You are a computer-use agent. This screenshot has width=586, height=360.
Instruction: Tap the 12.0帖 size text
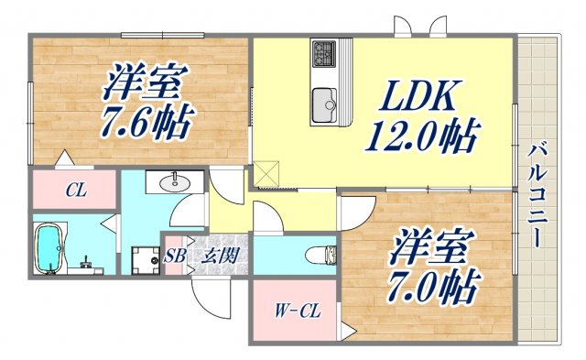(x=420, y=138)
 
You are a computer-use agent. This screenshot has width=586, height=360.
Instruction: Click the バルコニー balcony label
(x=538, y=193)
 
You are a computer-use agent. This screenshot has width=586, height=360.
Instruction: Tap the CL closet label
(x=75, y=192)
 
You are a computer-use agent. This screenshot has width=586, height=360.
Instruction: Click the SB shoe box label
(x=174, y=256)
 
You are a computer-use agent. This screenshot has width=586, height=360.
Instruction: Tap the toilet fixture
(x=321, y=254)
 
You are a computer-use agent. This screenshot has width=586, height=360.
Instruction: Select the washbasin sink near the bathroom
(x=174, y=183)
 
